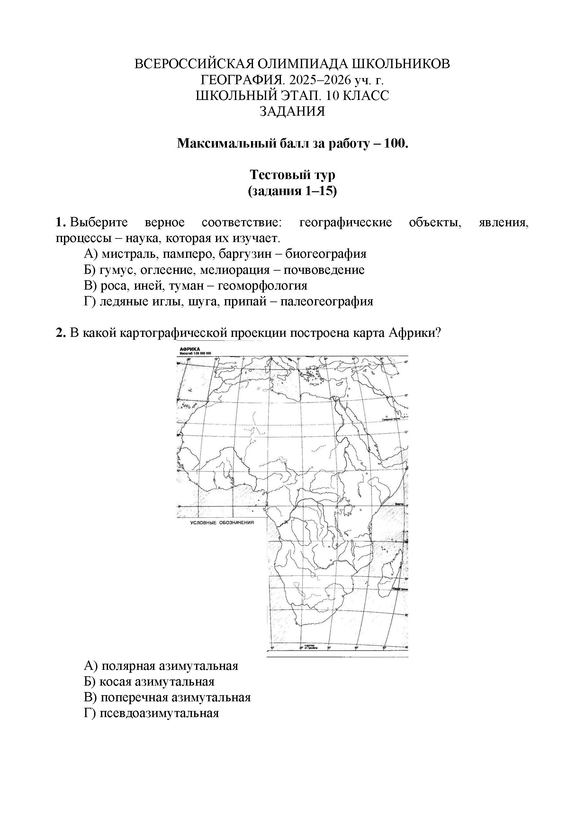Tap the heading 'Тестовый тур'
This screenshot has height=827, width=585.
(292, 175)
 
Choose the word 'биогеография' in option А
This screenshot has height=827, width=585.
(326, 254)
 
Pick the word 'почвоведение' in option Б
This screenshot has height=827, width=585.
(324, 270)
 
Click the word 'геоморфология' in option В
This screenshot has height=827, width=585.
(263, 286)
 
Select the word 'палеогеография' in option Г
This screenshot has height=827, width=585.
(327, 301)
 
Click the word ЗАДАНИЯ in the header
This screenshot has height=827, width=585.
(292, 111)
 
